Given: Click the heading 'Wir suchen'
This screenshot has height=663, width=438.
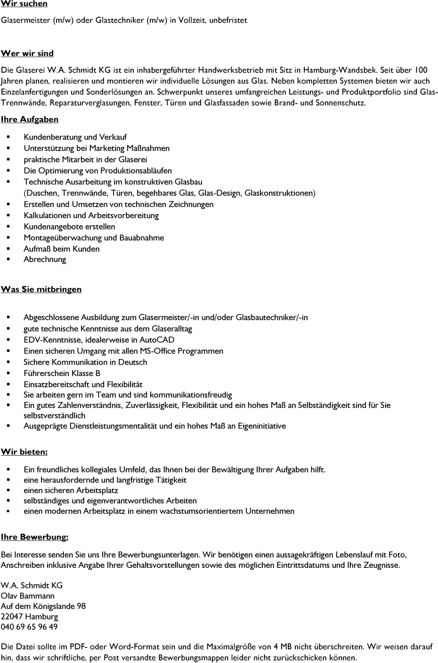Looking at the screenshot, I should click(x=24, y=4).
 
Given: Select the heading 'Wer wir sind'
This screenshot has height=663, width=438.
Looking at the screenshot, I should click(x=27, y=53).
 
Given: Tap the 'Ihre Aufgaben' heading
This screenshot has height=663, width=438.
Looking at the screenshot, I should click(x=30, y=119).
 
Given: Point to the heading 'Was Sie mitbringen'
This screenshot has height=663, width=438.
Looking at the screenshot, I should click(x=41, y=289).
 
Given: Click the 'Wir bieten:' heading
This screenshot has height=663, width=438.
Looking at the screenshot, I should click(x=24, y=452).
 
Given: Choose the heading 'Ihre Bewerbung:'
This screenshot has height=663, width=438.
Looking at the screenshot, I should click(x=34, y=537).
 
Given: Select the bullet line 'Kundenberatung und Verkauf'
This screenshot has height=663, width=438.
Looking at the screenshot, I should click(x=75, y=137).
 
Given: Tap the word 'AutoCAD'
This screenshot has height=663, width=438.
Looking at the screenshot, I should click(x=156, y=340).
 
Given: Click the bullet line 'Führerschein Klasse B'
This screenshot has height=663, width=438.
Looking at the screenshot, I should click(x=62, y=373).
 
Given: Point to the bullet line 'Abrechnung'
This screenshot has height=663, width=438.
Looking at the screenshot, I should click(x=45, y=259).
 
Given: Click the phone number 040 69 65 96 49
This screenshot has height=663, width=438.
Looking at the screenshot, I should click(x=29, y=627).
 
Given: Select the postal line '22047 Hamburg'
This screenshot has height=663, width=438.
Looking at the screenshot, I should click(x=29, y=616).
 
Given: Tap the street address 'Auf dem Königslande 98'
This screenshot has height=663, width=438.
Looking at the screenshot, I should click(x=43, y=606).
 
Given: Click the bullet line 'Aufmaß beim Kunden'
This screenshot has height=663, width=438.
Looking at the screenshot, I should click(x=61, y=249).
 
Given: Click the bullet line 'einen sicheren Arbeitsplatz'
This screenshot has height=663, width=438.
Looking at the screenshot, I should click(x=71, y=490).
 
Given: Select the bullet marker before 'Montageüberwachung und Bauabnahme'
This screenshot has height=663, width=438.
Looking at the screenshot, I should click(x=8, y=238).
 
